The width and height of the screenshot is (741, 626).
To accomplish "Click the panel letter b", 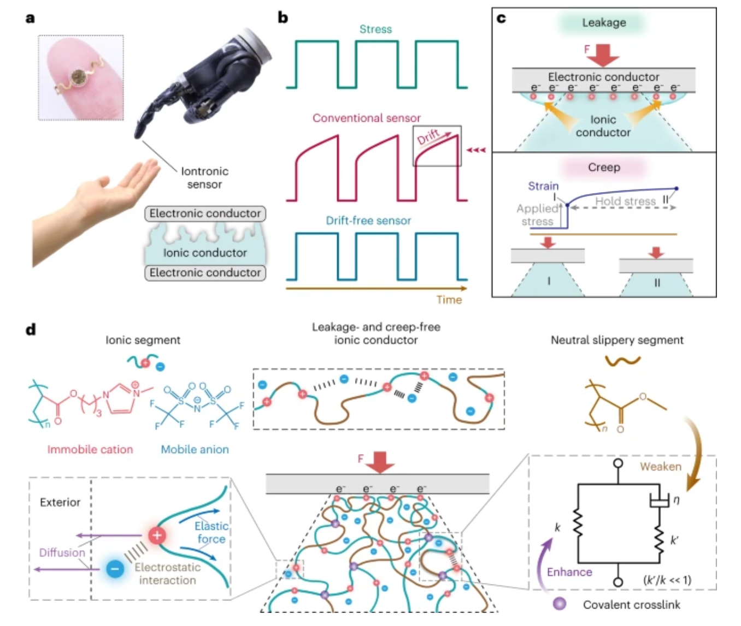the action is click(283, 17).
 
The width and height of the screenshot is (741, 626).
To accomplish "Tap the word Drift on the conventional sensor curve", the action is click(428, 137).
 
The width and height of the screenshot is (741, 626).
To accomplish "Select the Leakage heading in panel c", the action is click(604, 22).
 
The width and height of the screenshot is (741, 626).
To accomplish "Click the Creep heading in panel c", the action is click(604, 167).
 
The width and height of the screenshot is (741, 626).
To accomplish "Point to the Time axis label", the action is click(449, 300).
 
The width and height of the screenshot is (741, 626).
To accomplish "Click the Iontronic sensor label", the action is click(205, 177).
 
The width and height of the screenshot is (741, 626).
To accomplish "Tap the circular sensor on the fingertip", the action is click(78, 76).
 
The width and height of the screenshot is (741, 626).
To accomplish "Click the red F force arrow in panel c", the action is click(603, 56).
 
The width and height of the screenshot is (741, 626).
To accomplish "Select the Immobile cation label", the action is click(90, 450).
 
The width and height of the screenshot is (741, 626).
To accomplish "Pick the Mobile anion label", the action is click(195, 450).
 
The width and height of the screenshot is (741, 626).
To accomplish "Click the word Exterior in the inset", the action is click(60, 503).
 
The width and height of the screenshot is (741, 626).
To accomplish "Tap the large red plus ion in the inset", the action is click(157, 535).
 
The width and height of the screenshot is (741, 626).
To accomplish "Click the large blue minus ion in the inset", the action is click(115, 569).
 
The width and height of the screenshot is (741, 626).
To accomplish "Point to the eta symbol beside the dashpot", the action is click(676, 499).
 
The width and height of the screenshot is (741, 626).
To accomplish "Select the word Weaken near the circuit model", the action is click(661, 467).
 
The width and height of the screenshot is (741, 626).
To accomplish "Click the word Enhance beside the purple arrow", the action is click(569, 572).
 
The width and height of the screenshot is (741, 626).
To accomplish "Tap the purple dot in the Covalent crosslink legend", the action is click(560, 604).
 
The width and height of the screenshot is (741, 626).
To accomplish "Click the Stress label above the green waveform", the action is click(376, 29).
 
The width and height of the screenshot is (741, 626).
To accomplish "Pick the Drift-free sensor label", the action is click(368, 220).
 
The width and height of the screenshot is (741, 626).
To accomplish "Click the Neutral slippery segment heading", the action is click(617, 340).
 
